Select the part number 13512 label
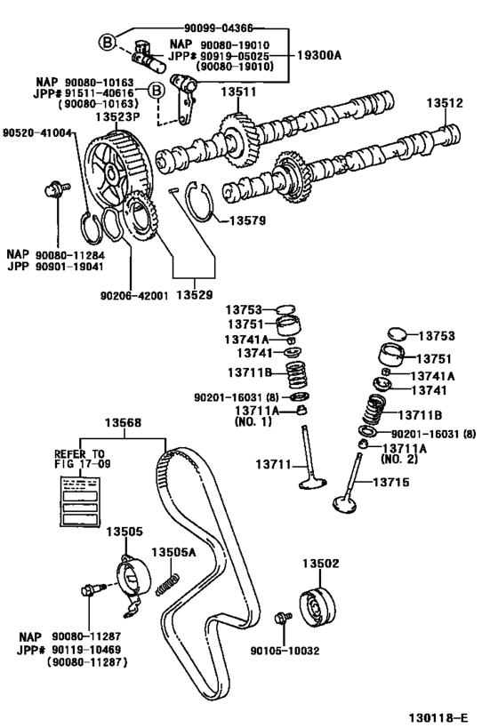(x=444, y=103)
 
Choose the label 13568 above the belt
(x=124, y=423)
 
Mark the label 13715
(x=390, y=482)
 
